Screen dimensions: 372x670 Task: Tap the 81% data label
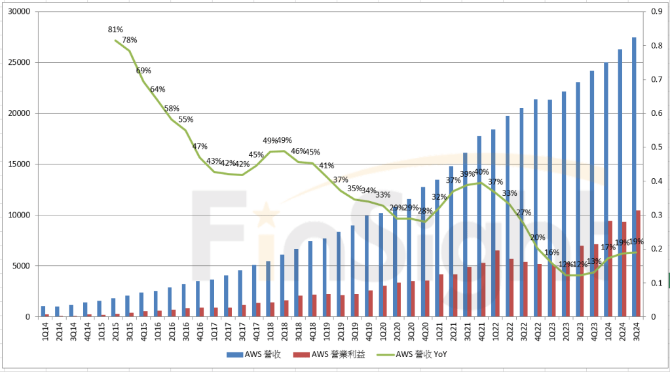coord(116,29)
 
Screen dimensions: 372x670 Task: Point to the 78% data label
coord(130,40)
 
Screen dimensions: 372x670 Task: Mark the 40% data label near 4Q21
coord(481,172)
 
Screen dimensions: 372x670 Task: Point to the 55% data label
coord(186,119)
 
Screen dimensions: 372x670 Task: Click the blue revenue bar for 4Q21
coord(479,226)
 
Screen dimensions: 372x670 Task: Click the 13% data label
coord(595,261)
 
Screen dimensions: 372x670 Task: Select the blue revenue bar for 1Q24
coord(606,189)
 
